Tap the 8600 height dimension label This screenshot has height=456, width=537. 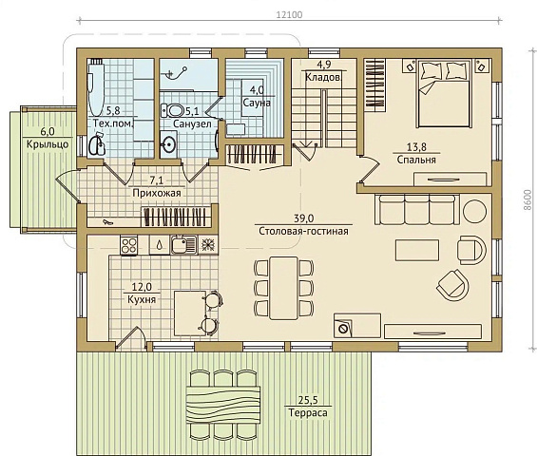click(x=527, y=199)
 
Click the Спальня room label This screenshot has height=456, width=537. click(x=416, y=160)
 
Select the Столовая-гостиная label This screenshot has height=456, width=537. click(x=303, y=231)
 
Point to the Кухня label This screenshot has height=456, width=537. click(x=142, y=299)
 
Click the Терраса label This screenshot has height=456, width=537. click(x=308, y=412)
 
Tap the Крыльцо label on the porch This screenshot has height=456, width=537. click(x=48, y=144)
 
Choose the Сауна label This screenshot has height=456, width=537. click(x=257, y=103)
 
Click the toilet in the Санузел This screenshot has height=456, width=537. click(x=173, y=110)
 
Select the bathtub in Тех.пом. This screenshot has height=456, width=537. click(x=96, y=88)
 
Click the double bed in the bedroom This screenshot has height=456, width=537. click(x=444, y=94)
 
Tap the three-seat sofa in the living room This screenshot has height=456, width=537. click(x=417, y=209)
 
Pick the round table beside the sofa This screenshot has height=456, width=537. click(x=474, y=211)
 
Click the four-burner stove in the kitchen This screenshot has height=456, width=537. click(x=129, y=245)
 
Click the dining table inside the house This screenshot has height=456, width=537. click(x=283, y=288)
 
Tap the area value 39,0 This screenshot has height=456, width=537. click(x=304, y=218)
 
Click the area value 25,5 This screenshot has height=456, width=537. click(x=308, y=400)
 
